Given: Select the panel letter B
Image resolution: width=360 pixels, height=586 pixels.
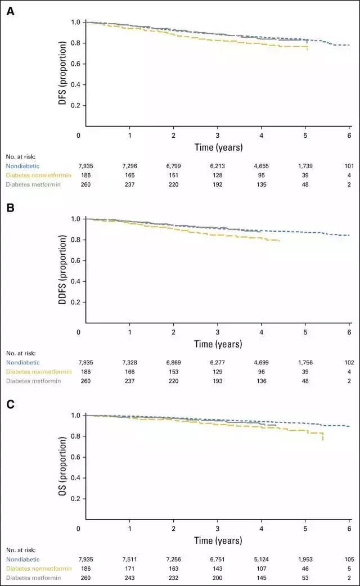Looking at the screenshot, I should point(10,208).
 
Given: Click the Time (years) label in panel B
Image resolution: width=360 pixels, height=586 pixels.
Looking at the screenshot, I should point(218,344).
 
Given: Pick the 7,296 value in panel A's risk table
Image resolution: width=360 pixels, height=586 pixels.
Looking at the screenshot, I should point(129,166).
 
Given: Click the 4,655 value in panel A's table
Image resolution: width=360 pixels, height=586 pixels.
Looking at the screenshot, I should point(262,166).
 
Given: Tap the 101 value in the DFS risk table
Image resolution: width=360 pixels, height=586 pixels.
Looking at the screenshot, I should point(349,166).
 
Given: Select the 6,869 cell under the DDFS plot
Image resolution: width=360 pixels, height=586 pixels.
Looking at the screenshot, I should point(173,362).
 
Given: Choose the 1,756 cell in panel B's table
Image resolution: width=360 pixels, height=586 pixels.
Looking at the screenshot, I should point(305,362).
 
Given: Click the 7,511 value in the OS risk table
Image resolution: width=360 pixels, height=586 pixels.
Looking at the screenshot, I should point(129,559).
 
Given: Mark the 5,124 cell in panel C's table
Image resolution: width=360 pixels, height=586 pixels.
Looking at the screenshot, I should point(262,559).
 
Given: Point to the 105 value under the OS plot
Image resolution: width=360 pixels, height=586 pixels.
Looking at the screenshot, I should point(349,559).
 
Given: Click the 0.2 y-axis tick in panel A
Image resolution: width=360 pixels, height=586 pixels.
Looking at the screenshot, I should point(75,105).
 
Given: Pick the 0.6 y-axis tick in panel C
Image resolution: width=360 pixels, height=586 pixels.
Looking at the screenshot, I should point(75,457).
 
